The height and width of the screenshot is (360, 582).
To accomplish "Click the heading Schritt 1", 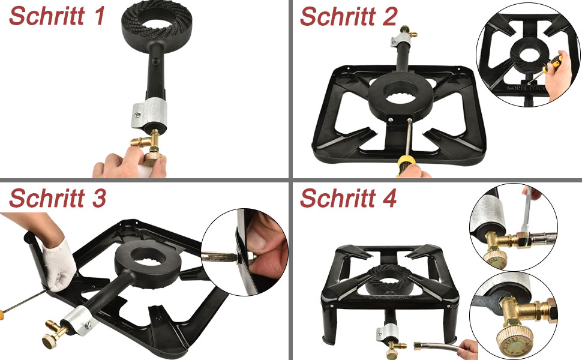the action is pos(57,16).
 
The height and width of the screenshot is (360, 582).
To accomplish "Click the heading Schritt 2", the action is pos(349,16).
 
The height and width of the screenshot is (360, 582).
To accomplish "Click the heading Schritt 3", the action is pos(58,198).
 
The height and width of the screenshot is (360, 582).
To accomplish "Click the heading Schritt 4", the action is pos(348,198).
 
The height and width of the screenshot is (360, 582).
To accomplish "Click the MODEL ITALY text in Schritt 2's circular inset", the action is pos(526,88).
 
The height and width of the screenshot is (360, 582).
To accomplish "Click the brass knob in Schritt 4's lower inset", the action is pos(514,337).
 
